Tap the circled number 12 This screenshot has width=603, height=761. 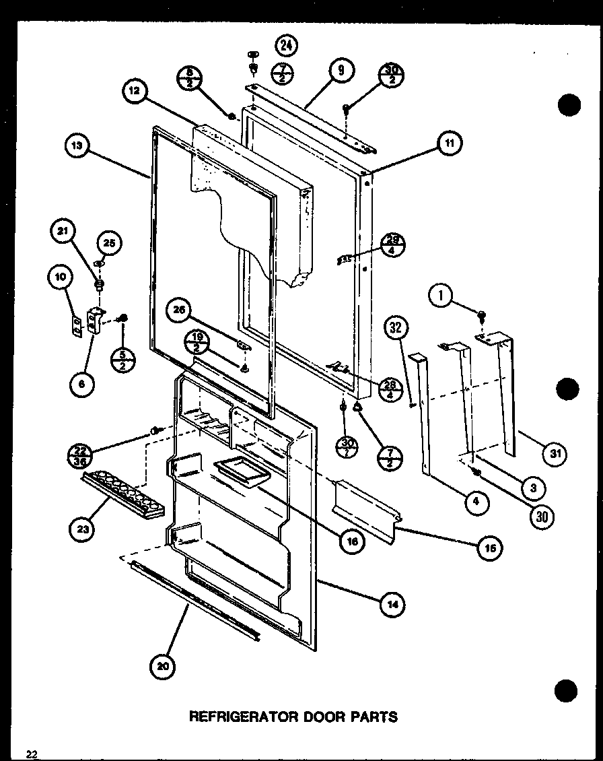135,92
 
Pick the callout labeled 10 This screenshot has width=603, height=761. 59,275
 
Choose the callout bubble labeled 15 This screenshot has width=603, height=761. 490,549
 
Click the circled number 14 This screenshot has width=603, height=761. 392,605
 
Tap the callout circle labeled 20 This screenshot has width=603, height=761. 164,667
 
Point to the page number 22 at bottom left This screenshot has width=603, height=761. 32,754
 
